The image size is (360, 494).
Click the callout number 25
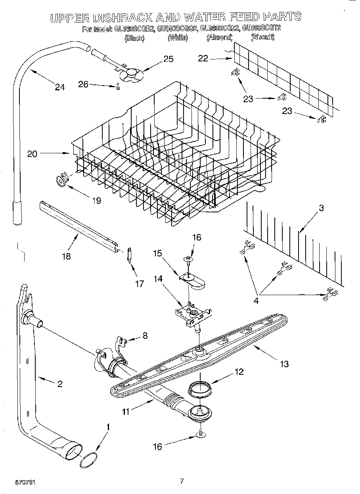coord(169,59)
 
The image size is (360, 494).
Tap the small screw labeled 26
coord(117,87)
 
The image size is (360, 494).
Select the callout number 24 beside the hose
coord(60,87)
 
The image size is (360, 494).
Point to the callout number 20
coord(32,154)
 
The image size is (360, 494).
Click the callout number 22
coord(203,59)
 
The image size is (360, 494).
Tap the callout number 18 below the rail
coord(66,256)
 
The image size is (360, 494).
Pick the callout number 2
coord(60,383)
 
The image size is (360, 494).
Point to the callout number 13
coord(284,364)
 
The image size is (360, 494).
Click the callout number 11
coord(126,412)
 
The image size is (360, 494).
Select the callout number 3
coord(321,208)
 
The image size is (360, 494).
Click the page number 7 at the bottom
coord(182,481)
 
